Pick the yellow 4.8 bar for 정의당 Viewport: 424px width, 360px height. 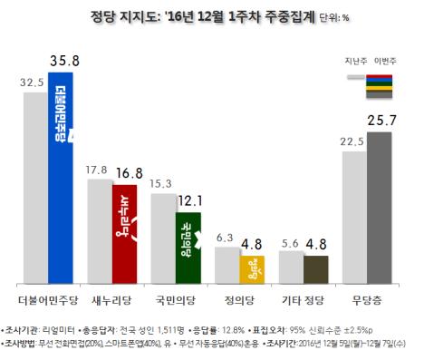(252, 269)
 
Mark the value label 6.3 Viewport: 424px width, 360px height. (225, 237)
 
